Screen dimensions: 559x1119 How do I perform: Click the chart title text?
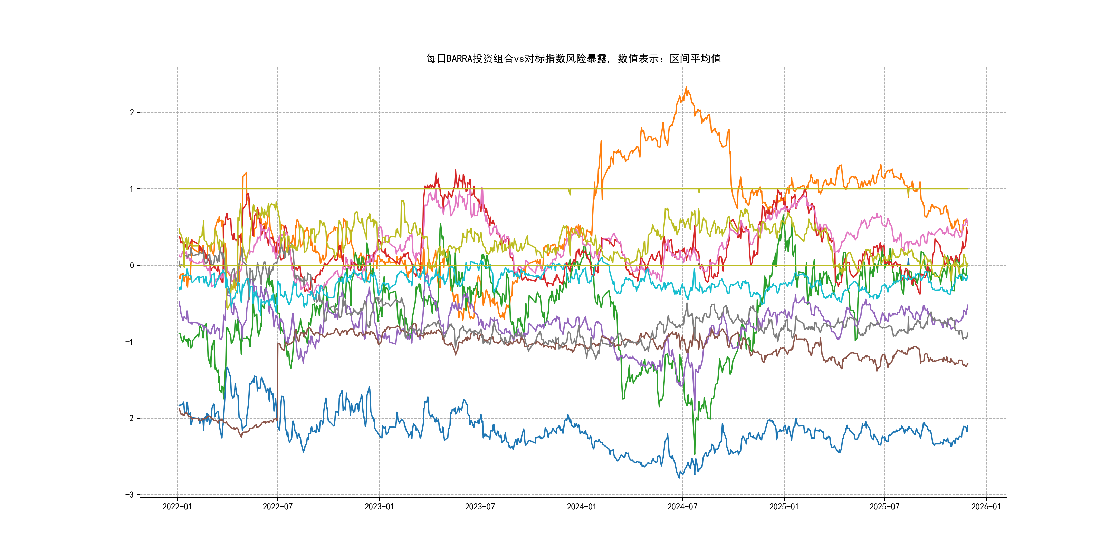pyautogui.click(x=573, y=59)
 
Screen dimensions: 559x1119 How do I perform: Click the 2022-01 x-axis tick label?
pyautogui.click(x=177, y=507)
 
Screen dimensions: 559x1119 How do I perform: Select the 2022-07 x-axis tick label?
pyautogui.click(x=278, y=507)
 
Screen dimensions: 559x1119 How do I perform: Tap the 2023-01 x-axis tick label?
pyautogui.click(x=379, y=507)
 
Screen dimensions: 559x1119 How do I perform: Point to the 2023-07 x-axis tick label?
pyautogui.click(x=480, y=507)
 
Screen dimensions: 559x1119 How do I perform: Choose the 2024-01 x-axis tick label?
pyautogui.click(x=582, y=507)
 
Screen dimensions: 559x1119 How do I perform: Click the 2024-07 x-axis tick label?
pyautogui.click(x=682, y=507)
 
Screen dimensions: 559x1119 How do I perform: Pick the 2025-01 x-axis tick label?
pyautogui.click(x=784, y=507)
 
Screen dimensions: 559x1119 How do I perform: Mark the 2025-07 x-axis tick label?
pyautogui.click(x=884, y=507)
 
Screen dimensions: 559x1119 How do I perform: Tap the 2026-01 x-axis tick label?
pyautogui.click(x=986, y=507)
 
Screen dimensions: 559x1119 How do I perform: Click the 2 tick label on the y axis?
pyautogui.click(x=132, y=112)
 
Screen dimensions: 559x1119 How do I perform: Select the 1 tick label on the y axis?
pyautogui.click(x=132, y=189)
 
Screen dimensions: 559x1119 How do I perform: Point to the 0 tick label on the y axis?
pyautogui.click(x=132, y=265)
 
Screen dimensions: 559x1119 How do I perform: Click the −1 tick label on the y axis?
pyautogui.click(x=130, y=342)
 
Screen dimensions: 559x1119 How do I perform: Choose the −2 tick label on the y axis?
pyautogui.click(x=130, y=418)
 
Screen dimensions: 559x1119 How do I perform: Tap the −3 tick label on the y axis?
pyautogui.click(x=130, y=495)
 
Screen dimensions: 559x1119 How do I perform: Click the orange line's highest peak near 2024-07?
pyautogui.click(x=686, y=87)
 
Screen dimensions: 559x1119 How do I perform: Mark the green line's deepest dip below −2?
pyautogui.click(x=695, y=453)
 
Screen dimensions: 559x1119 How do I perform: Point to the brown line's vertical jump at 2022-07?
pyautogui.click(x=278, y=382)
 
